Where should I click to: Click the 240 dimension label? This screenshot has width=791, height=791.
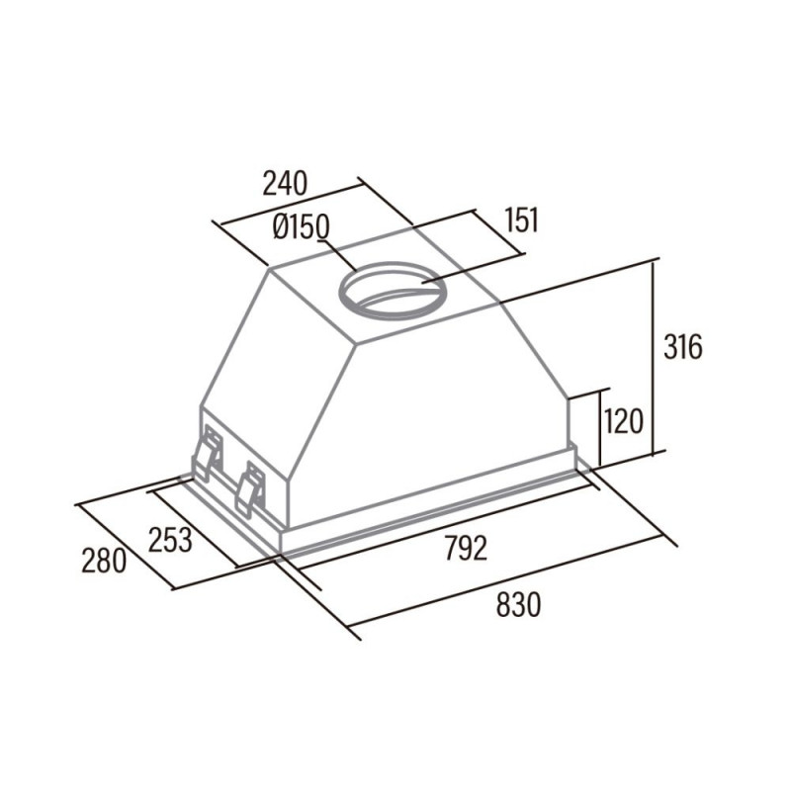(x=285, y=183)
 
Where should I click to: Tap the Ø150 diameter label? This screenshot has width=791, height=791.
(x=302, y=227)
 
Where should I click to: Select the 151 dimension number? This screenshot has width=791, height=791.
(x=522, y=220)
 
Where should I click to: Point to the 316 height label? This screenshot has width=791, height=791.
(x=682, y=347)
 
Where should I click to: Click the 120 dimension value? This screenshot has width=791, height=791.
(x=624, y=422)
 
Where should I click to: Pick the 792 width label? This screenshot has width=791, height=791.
(x=466, y=549)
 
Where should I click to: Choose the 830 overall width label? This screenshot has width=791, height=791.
(x=518, y=605)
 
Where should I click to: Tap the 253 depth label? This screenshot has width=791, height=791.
(x=170, y=540)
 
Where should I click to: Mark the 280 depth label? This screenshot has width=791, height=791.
(x=104, y=561)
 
